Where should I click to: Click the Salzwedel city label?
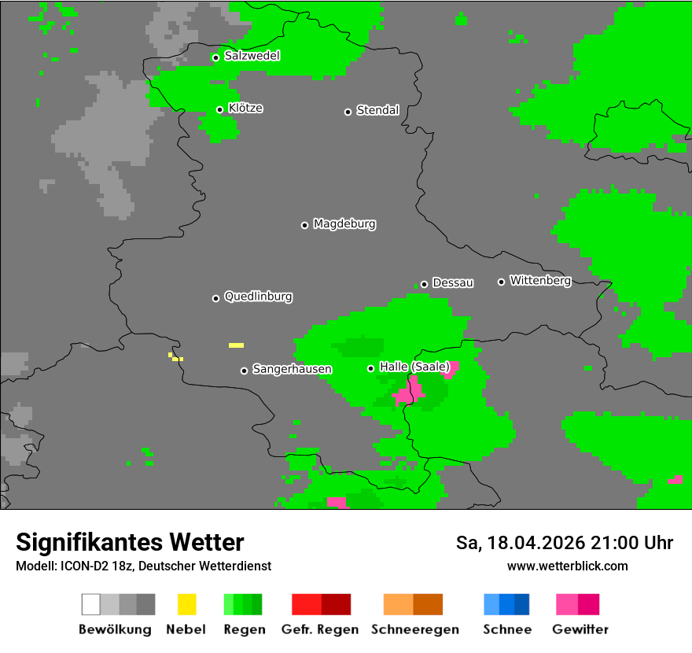252,56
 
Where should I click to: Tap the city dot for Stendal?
348,112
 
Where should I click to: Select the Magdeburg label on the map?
344,224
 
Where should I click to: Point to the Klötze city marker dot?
220,110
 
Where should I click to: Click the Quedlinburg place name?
258,297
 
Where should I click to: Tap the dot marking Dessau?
424,284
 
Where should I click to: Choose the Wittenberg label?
540,280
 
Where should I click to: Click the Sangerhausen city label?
292,369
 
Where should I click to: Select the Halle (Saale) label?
414,367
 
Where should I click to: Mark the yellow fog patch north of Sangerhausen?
236,345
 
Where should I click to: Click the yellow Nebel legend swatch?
186,604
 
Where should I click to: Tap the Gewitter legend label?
580,629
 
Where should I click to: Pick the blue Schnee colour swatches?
506,604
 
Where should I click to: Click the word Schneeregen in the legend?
415,629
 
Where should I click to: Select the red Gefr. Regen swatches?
321,604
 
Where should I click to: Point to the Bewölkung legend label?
115,629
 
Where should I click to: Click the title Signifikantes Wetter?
130,542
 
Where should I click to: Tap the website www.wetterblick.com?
567,566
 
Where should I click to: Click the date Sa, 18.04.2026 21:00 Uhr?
565,543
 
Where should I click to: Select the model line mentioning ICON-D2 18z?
143,566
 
